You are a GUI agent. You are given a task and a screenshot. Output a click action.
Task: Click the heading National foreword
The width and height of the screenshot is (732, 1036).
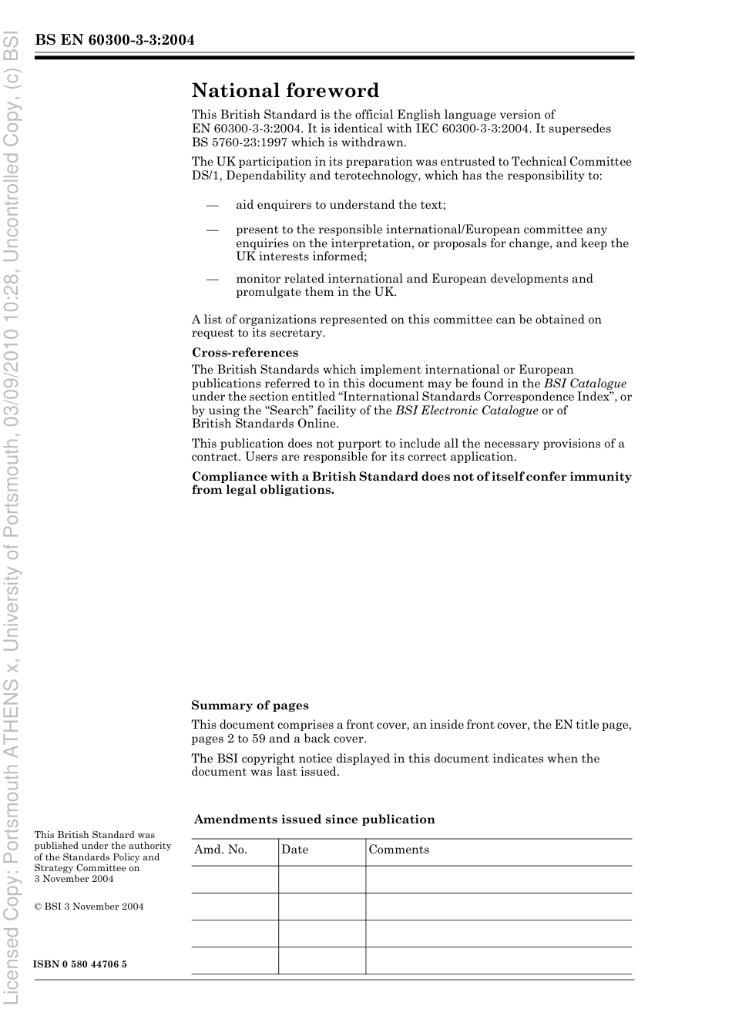[285, 91]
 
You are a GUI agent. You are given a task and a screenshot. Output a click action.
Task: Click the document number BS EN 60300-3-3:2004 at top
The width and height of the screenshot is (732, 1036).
[114, 40]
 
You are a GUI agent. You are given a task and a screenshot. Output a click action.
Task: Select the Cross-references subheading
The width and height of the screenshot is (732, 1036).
[245, 353]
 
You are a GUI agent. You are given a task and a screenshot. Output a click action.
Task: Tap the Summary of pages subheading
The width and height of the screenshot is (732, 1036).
[250, 706]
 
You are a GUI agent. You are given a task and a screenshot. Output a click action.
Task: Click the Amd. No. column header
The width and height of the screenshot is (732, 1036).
[220, 850]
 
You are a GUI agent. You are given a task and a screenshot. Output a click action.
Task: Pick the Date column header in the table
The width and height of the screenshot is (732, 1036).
[294, 850]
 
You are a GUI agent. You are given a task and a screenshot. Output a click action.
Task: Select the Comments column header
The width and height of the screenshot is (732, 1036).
[398, 850]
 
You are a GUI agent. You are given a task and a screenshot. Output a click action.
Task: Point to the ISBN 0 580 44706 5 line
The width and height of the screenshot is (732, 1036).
[80, 964]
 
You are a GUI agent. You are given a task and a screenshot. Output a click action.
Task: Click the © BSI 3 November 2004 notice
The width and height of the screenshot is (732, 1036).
[89, 907]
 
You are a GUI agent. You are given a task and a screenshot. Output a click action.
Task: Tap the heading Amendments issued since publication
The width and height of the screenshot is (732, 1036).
[314, 820]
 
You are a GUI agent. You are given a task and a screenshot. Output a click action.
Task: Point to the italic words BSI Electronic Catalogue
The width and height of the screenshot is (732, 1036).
[466, 411]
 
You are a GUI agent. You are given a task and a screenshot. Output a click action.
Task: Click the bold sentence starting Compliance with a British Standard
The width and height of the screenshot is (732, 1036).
[411, 483]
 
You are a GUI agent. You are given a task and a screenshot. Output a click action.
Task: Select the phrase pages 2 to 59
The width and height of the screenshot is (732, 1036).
[228, 739]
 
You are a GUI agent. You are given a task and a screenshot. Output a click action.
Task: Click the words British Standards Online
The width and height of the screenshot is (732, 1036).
[265, 424]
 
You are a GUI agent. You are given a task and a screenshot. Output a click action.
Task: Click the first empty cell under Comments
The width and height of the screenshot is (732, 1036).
[498, 879]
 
